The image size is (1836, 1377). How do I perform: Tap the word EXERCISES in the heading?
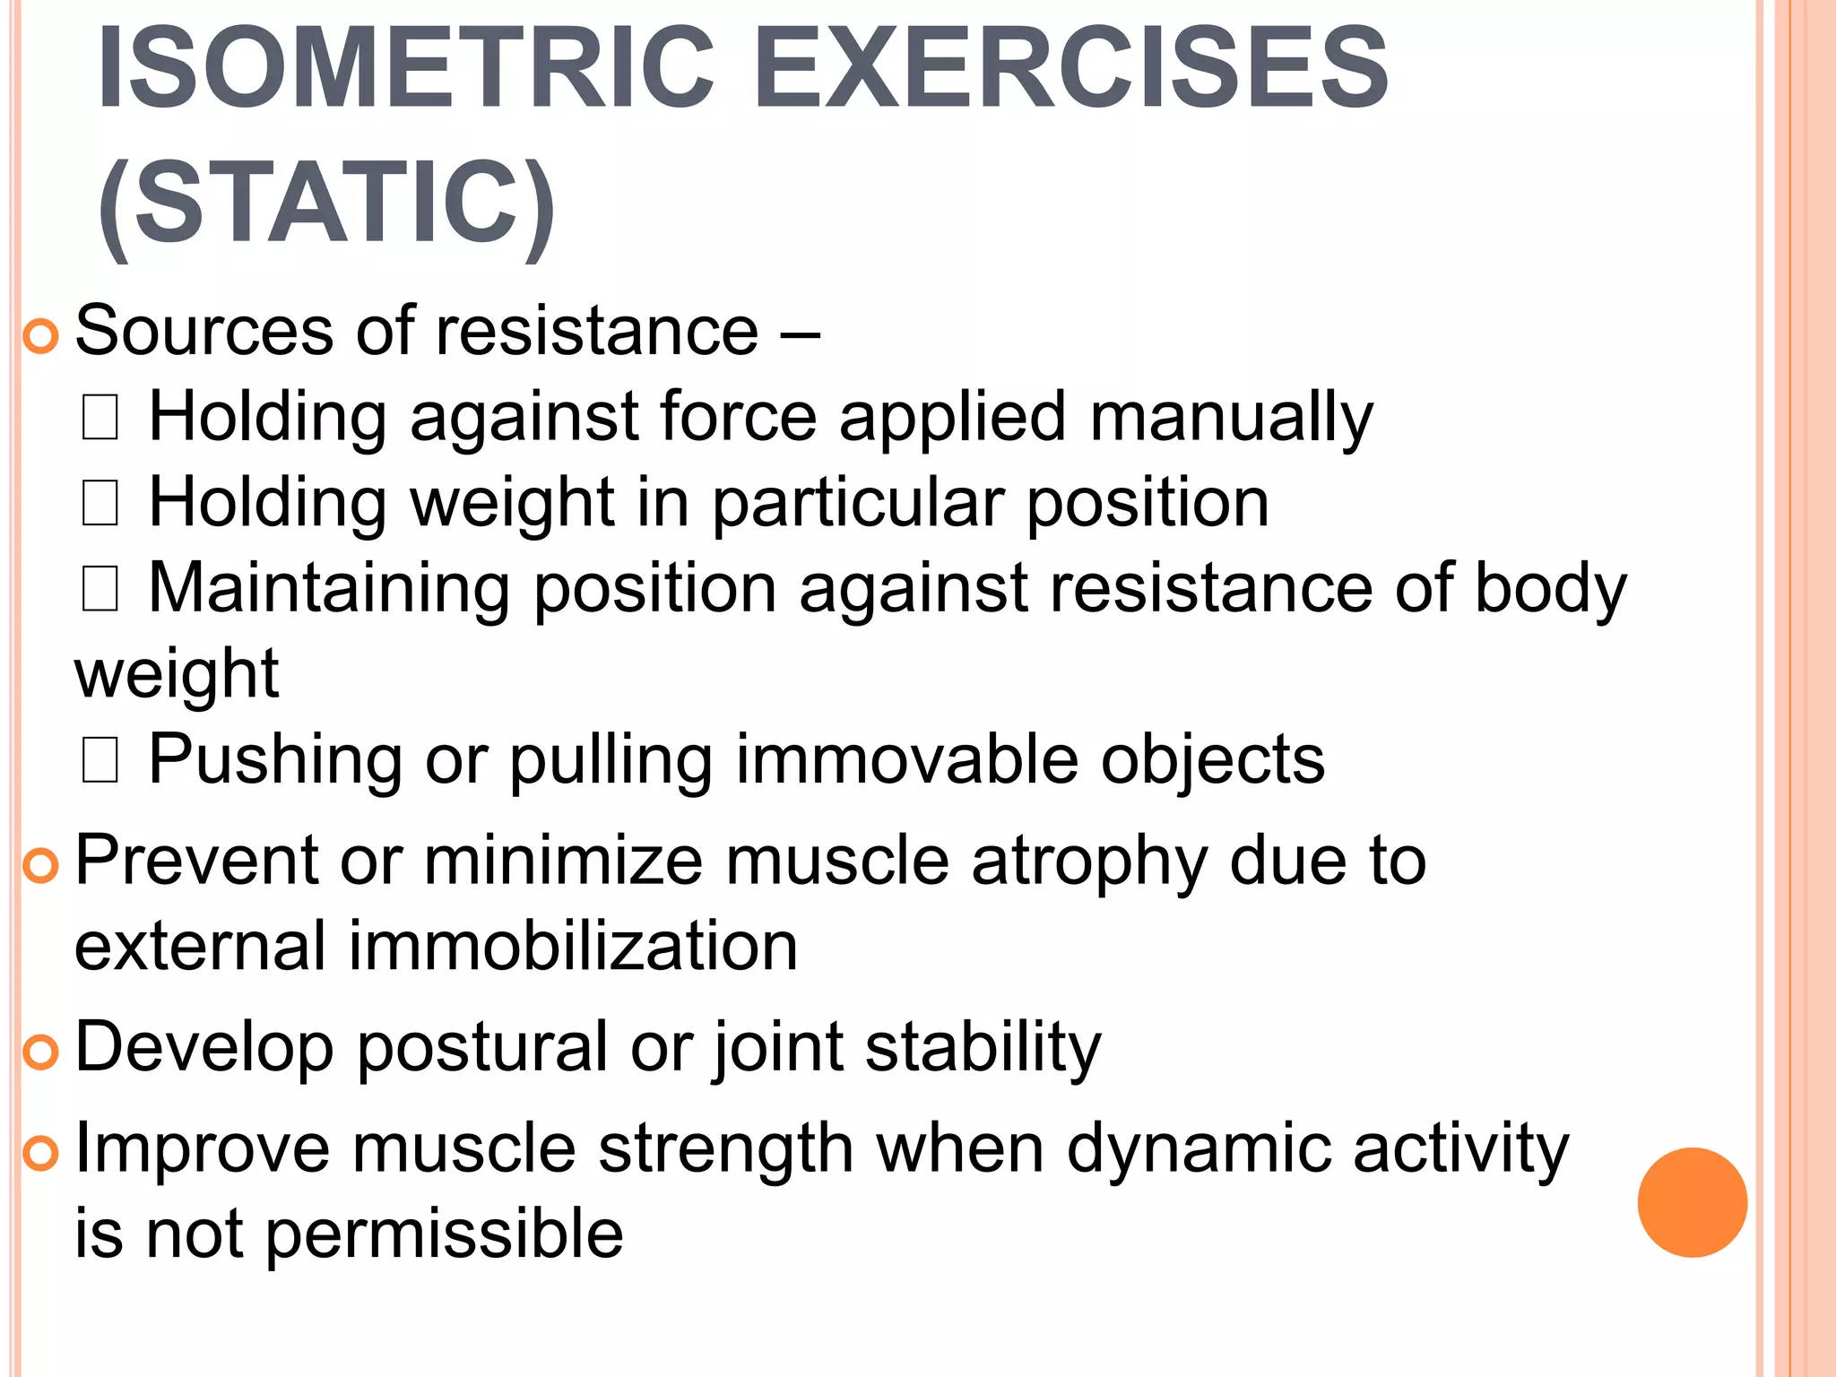(x=1071, y=70)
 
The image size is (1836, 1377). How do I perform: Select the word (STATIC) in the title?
(x=326, y=204)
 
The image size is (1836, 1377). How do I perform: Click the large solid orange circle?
(x=1692, y=1202)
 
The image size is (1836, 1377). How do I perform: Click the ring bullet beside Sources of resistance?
(x=40, y=336)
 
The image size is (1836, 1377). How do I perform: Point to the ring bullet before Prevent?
(x=40, y=865)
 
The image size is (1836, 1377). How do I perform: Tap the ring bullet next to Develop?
(x=40, y=1052)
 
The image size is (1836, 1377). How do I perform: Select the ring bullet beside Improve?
(x=40, y=1153)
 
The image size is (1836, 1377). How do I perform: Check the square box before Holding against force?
(x=100, y=419)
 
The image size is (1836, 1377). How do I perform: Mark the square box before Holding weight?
(x=100, y=504)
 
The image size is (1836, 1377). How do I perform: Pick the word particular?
(x=858, y=504)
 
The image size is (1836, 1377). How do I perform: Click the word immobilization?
(x=572, y=947)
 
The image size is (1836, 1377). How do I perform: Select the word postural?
(x=482, y=1048)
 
